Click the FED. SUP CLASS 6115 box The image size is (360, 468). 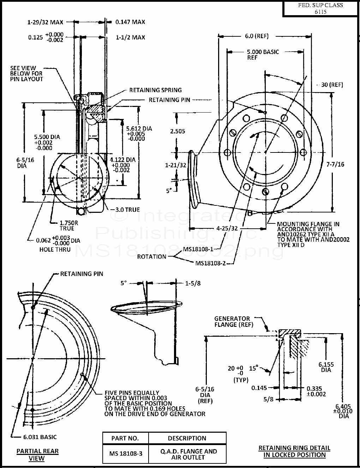point(320,8)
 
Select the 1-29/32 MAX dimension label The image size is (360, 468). point(45,22)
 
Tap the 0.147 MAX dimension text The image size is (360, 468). point(130,22)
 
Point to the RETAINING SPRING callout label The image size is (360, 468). point(155,90)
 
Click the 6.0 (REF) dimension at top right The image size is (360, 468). point(257,36)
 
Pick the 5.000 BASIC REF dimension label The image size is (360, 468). point(263,55)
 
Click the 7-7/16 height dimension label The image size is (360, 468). point(335,164)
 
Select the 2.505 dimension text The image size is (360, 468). point(178,131)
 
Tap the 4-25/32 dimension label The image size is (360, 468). point(227,228)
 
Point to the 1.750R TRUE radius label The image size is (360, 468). point(69,226)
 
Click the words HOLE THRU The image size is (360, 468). point(55,250)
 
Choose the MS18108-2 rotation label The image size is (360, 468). point(210,263)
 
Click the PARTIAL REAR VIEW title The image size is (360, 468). point(37,455)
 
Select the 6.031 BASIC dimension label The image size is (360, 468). point(40,437)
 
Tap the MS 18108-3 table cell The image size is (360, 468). point(126,454)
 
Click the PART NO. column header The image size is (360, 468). point(125,438)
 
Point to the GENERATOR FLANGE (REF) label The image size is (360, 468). point(234,322)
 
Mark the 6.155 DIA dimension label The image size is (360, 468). point(326,367)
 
